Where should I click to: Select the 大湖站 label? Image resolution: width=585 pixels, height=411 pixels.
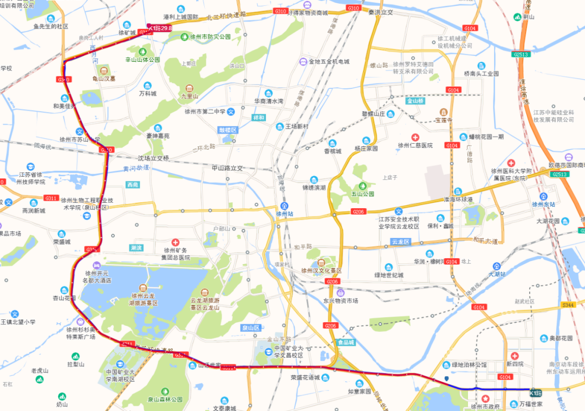(496, 274)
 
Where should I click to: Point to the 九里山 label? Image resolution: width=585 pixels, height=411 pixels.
(189, 96)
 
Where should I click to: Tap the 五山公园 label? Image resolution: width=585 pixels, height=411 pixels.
(361, 194)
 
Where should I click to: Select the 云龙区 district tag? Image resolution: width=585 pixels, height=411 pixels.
(401, 241)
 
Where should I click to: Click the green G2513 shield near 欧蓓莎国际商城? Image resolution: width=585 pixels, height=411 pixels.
(559, 174)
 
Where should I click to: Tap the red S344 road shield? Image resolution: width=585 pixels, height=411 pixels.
(568, 305)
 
